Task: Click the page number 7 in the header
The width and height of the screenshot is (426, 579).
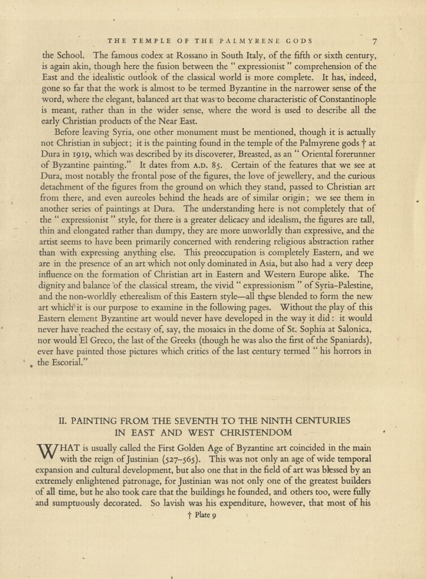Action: click(375, 41)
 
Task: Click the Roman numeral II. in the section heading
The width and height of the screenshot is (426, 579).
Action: click(64, 421)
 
